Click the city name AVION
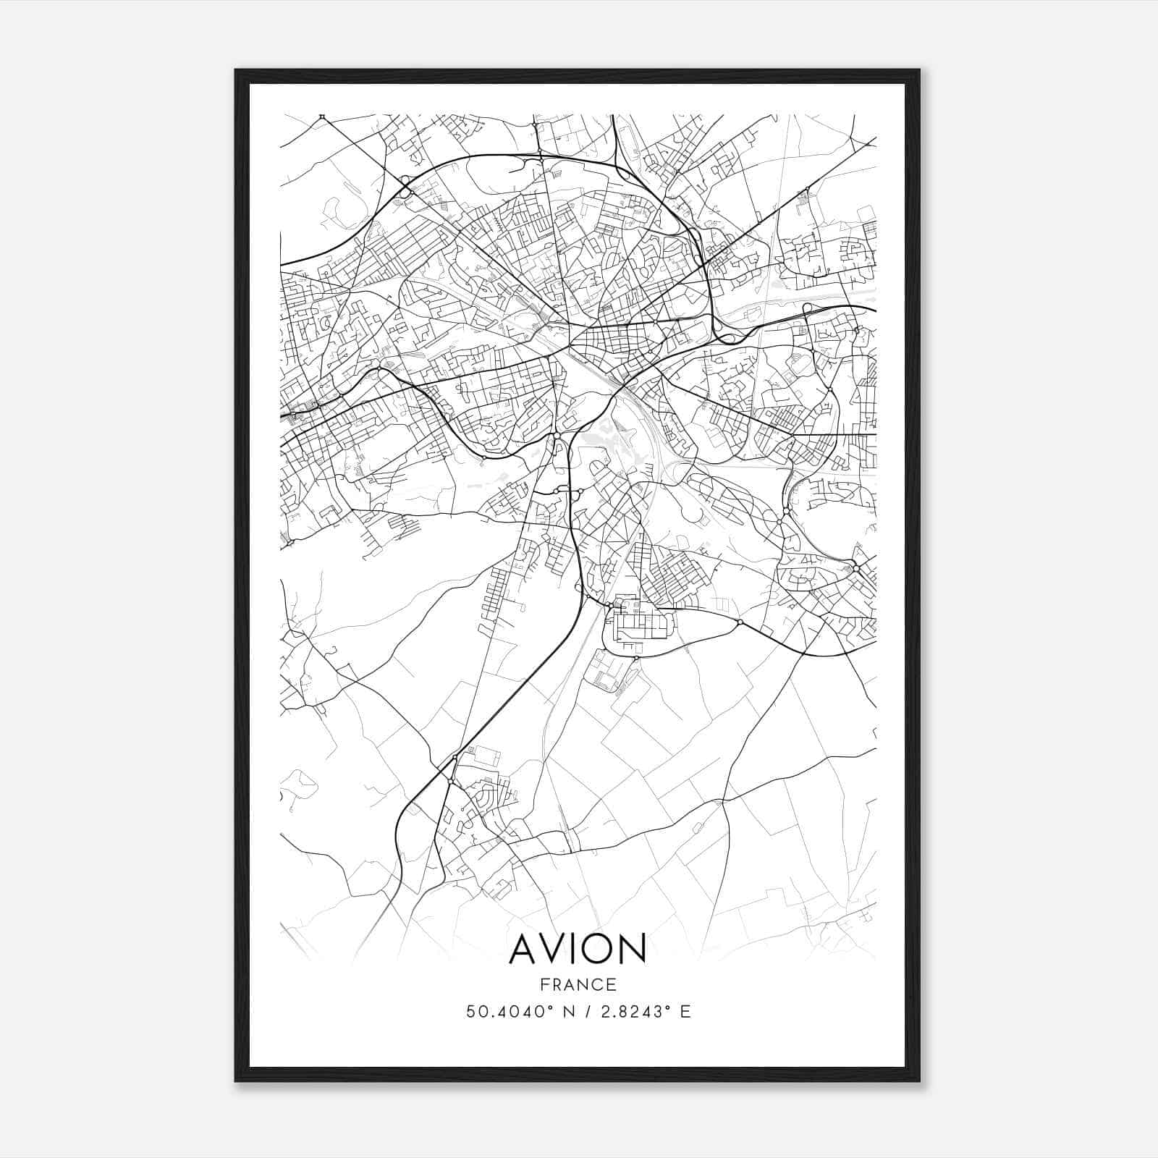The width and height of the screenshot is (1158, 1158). coord(578,949)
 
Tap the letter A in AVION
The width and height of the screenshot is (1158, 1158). coord(525,949)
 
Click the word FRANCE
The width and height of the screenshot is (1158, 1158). coord(578,984)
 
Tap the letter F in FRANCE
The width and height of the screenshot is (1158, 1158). coord(544,984)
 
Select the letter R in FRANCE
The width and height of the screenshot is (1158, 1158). coord(557,984)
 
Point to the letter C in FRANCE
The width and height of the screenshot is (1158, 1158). coord(599,984)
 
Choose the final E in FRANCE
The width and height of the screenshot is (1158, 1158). coord(612,984)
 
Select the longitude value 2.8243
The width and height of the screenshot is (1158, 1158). coord(624,1011)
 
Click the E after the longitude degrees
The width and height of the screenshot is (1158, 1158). coord(685,1011)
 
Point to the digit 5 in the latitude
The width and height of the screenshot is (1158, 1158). coord(471,1011)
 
